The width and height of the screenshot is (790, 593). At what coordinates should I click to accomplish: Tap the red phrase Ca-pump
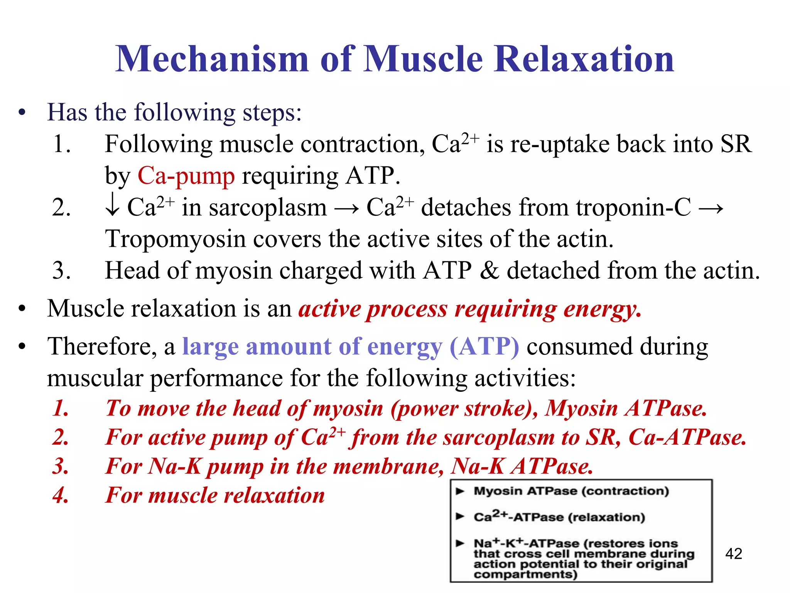(186, 176)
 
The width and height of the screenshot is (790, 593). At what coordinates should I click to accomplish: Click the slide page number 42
(733, 554)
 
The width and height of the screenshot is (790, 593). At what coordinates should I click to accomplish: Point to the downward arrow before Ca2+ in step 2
(112, 207)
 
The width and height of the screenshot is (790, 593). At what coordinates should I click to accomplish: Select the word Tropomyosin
(175, 239)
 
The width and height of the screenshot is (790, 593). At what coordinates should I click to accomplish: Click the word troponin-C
(633, 207)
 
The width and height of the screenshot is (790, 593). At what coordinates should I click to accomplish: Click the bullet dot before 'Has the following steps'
(22, 113)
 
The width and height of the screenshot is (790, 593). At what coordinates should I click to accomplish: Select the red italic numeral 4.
(61, 495)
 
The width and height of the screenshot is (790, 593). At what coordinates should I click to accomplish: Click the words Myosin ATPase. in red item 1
(625, 408)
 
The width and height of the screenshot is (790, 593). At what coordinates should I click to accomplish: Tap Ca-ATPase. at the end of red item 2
(687, 437)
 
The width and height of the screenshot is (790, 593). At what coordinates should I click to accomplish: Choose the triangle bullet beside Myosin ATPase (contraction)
(460, 491)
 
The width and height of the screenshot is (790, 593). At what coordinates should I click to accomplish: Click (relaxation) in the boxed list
(606, 517)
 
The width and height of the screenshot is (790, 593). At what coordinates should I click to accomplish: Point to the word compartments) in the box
(525, 574)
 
